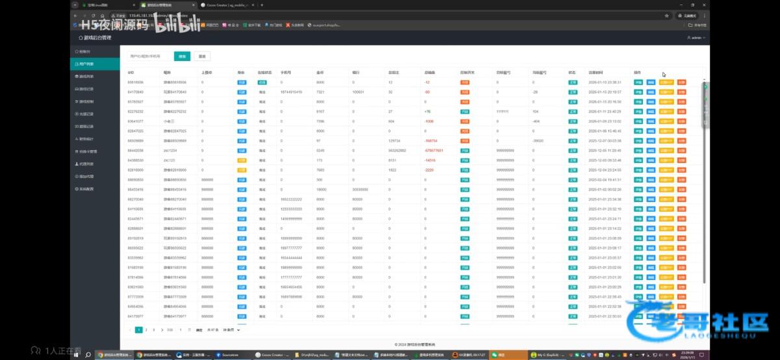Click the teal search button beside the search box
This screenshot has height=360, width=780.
[x=183, y=56]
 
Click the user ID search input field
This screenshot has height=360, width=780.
[x=149, y=56]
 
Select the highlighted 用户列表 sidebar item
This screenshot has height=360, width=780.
[x=94, y=64]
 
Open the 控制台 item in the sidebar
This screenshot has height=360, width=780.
[x=94, y=51]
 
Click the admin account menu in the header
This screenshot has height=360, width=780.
[x=695, y=38]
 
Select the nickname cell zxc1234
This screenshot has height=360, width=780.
[x=170, y=150]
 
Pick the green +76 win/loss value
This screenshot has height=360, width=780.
[x=428, y=111]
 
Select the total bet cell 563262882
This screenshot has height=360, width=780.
[x=398, y=150]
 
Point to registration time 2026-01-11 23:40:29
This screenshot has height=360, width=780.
[x=605, y=111]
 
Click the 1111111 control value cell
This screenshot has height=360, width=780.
[x=502, y=111]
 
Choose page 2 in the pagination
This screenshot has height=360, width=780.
[x=146, y=329]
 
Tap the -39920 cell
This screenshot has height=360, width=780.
[x=538, y=140]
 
